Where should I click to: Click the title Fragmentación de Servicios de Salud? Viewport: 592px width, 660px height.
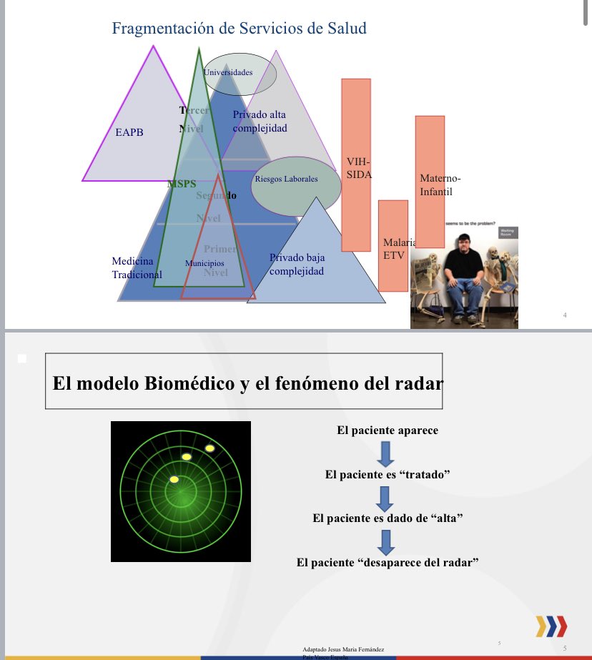pyautogui.click(x=239, y=29)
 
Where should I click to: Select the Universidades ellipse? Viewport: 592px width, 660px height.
pyautogui.click(x=240, y=73)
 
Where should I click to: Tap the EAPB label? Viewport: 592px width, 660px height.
pyautogui.click(x=129, y=132)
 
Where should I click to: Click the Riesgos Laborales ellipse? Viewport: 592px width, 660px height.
pyautogui.click(x=286, y=179)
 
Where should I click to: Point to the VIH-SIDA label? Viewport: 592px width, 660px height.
pyautogui.click(x=358, y=169)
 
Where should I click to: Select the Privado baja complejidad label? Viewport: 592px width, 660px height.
pyautogui.click(x=297, y=264)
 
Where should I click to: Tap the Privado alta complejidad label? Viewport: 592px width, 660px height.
pyautogui.click(x=260, y=121)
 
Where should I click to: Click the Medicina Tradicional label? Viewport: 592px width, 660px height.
pyautogui.click(x=137, y=267)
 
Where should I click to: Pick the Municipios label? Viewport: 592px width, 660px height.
pyautogui.click(x=204, y=263)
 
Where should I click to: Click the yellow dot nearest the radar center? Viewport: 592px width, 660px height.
pyautogui.click(x=174, y=479)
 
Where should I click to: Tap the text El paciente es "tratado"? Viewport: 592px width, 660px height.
pyautogui.click(x=387, y=474)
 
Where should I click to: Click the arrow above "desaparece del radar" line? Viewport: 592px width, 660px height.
pyautogui.click(x=386, y=541)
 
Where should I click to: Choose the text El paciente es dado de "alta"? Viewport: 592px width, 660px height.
pyautogui.click(x=387, y=518)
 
